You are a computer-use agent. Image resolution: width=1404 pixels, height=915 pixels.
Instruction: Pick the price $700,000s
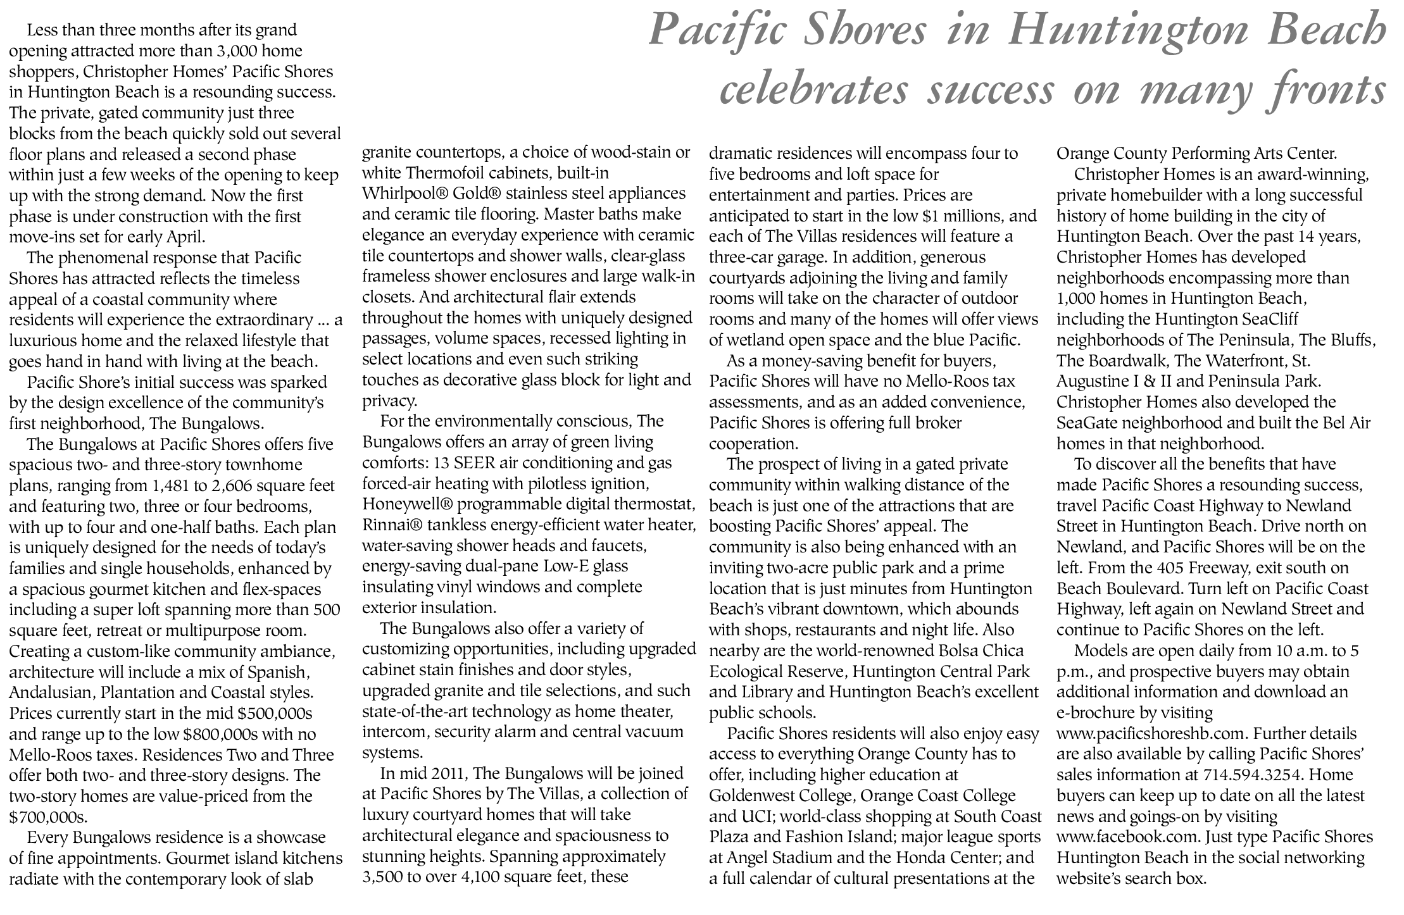tap(48, 817)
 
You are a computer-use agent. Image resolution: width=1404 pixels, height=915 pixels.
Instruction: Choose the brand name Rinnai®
tap(392, 526)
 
